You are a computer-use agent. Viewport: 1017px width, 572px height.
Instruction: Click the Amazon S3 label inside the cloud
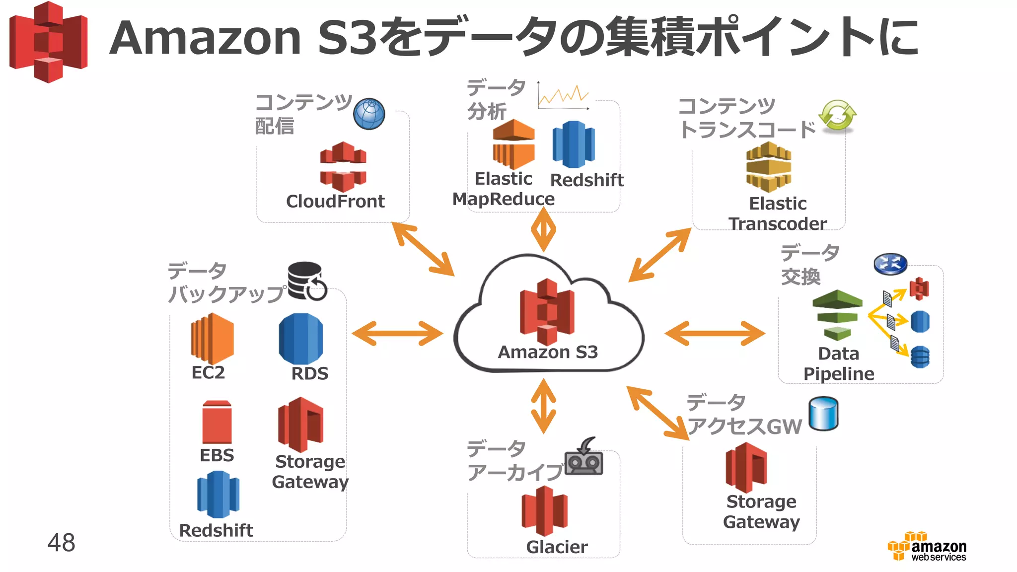548,352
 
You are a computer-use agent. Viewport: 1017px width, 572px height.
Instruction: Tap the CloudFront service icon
343,166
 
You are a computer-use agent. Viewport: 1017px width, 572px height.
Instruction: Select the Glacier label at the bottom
557,547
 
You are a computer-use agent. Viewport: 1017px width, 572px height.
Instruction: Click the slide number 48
61,542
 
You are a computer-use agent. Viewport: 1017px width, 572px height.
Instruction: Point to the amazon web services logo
927,547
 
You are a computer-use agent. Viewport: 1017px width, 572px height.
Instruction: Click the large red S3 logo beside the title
49,42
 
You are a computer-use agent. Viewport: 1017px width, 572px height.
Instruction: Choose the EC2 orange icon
212,338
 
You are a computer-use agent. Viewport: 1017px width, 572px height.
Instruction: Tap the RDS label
310,373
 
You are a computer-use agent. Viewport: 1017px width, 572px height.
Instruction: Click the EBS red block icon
217,422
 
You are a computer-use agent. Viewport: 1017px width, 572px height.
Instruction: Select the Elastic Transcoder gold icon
769,167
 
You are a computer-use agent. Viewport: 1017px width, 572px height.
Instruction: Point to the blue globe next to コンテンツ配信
369,114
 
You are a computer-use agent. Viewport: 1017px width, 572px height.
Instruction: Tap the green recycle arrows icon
837,115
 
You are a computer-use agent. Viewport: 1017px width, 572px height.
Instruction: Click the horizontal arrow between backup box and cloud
397,333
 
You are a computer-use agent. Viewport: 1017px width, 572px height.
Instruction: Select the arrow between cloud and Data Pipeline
715,333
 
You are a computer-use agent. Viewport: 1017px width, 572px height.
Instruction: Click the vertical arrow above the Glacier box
544,406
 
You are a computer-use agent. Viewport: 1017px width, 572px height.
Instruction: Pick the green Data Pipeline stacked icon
837,314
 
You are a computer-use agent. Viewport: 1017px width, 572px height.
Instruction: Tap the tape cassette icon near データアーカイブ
584,458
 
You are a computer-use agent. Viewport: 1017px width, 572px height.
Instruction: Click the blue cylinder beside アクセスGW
823,414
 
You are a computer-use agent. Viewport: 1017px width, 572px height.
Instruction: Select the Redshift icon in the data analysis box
574,144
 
